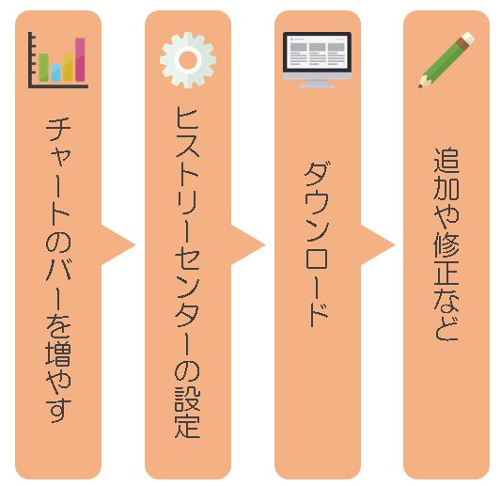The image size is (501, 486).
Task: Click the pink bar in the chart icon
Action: [x=80, y=60]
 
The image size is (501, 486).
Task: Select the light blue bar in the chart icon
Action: [x=55, y=72]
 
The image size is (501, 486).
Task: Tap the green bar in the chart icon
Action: [x=44, y=68]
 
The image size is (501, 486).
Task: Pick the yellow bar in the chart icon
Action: [x=68, y=68]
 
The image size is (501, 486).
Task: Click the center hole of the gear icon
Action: [x=188, y=60]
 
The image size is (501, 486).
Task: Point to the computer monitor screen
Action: [x=317, y=52]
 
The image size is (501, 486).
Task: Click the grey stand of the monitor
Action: [x=317, y=84]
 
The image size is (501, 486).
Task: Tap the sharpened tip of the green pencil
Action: [x=420, y=86]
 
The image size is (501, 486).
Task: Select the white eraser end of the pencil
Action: [x=468, y=38]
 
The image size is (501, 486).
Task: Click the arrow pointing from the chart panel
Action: [x=117, y=245]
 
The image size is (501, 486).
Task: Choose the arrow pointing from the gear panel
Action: [x=246, y=245]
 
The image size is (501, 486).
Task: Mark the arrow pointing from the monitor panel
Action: [x=376, y=245]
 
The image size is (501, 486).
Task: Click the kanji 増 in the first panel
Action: [x=58, y=353]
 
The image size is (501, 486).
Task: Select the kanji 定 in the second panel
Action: [x=188, y=427]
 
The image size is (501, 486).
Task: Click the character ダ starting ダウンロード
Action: [x=318, y=174]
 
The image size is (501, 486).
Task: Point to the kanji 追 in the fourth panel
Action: [x=446, y=160]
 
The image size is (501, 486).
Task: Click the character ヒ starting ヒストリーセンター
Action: [x=188, y=118]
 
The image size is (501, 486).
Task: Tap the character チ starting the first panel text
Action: [x=58, y=129]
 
